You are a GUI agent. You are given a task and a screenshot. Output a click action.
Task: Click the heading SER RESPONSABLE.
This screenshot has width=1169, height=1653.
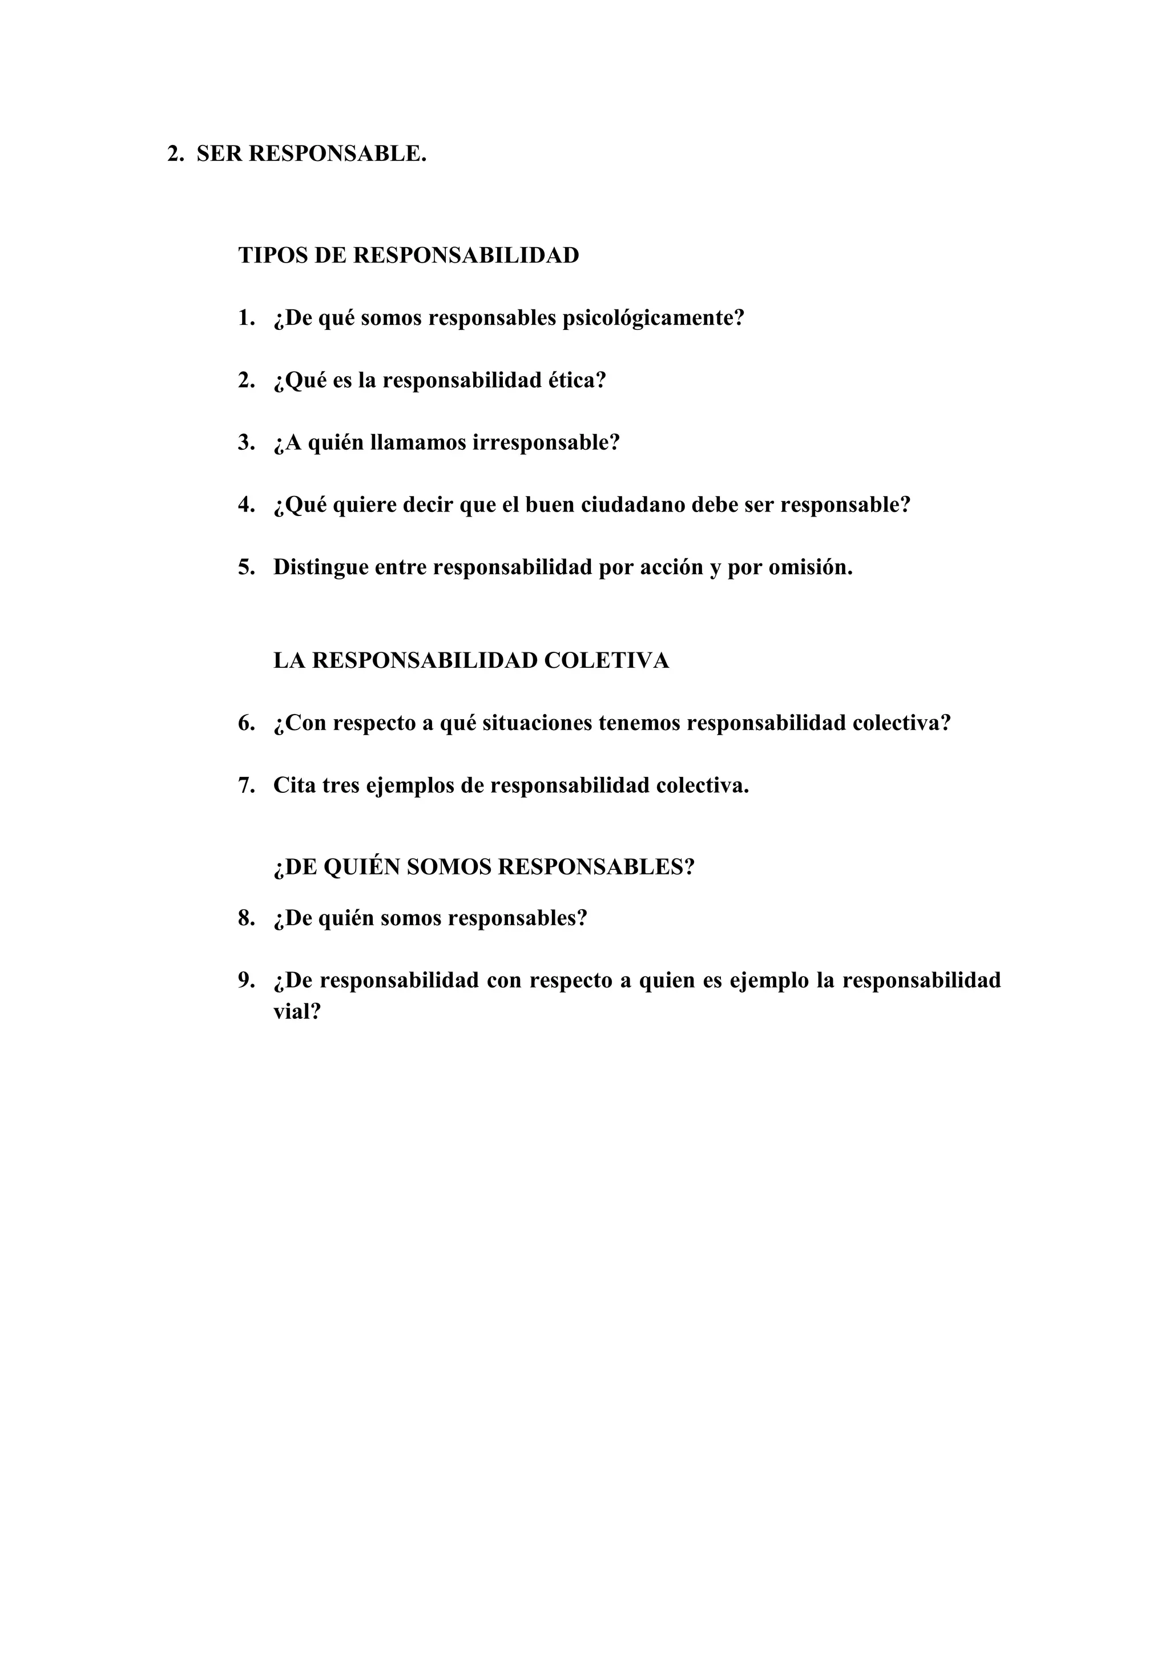pos(311,154)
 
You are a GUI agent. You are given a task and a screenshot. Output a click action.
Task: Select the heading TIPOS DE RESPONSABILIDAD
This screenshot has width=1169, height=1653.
pos(408,256)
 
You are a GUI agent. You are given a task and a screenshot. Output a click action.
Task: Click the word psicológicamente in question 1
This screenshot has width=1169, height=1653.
pos(653,318)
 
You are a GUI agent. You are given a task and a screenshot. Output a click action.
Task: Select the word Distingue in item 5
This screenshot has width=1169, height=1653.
pos(321,567)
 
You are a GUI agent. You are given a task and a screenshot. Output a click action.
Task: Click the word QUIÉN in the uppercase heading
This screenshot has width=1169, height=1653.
pos(361,868)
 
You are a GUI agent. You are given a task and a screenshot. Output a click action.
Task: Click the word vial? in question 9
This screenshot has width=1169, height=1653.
pos(297,1012)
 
